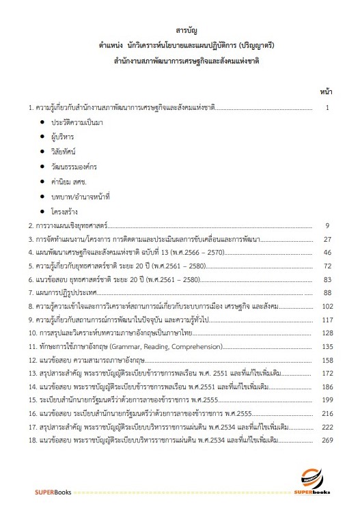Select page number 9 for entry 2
pyautogui.click(x=328, y=225)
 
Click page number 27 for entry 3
pyautogui.click(x=327, y=240)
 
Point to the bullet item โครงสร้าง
pyautogui.click(x=66, y=212)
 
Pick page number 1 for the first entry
pyautogui.click(x=329, y=108)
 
